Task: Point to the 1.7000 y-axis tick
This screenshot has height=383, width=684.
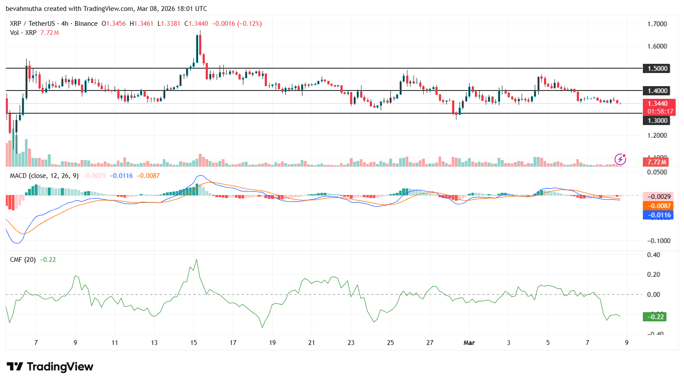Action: point(657,24)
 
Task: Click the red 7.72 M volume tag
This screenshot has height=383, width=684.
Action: point(657,162)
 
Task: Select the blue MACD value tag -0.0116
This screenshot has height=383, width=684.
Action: point(658,215)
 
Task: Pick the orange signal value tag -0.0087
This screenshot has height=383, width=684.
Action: point(658,206)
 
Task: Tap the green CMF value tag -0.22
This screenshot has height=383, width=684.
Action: point(654,317)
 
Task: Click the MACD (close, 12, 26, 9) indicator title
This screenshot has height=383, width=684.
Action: point(44,176)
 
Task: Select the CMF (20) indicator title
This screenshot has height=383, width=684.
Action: point(23,260)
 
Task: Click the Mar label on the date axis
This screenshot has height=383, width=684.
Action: point(469,343)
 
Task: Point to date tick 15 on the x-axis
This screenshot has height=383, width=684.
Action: point(193,343)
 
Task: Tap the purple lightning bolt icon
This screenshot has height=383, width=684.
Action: point(620,159)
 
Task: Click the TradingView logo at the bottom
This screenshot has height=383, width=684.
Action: point(50,367)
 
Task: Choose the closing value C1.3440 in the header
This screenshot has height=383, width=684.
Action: point(196,24)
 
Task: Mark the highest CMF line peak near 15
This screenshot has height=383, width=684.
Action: point(196,260)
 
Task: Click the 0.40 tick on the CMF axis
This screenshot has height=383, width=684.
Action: point(653,255)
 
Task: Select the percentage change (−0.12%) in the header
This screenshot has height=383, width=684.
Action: point(249,24)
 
